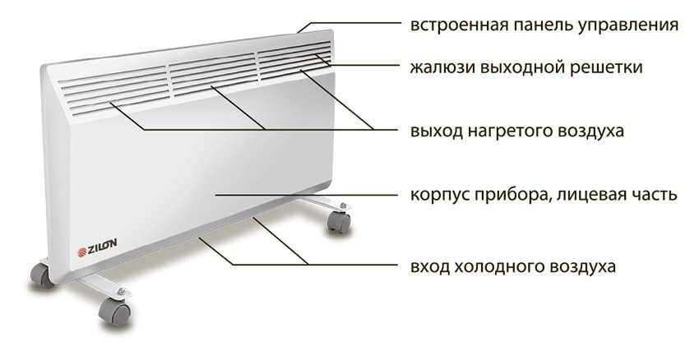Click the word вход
tap(430, 267)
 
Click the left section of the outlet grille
tap(114, 92)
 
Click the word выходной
tap(519, 68)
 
